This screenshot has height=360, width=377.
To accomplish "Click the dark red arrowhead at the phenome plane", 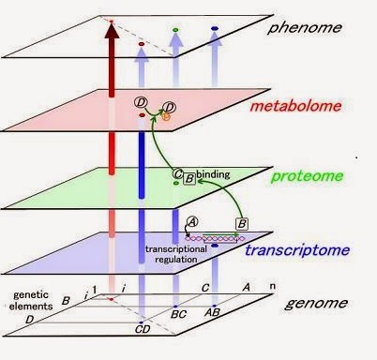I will (113, 36).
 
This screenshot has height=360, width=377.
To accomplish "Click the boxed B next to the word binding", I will (189, 174).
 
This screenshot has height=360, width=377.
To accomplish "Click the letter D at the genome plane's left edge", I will (28, 320).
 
